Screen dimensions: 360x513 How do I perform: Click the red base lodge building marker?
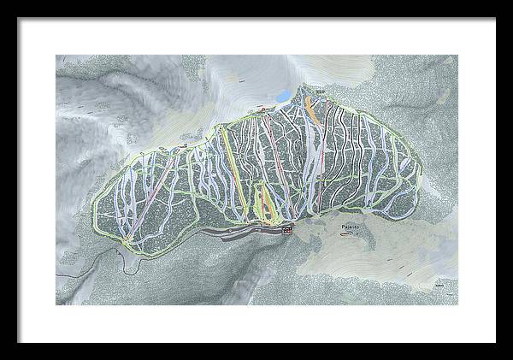coord(286,230)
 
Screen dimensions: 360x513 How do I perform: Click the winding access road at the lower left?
coord(128,265)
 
